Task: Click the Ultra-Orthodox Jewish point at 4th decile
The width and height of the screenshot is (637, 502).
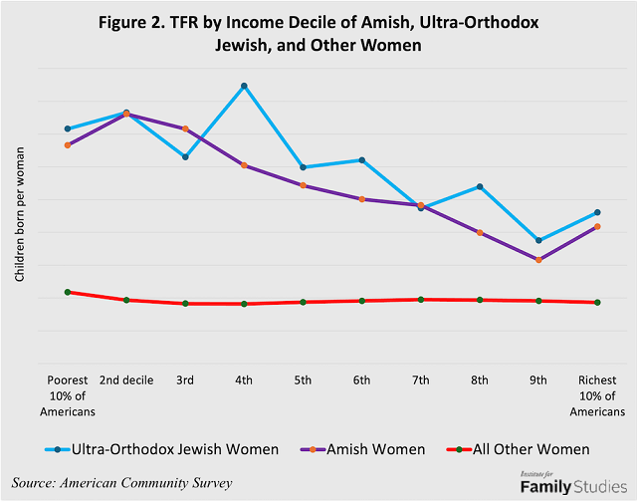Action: pos(244,87)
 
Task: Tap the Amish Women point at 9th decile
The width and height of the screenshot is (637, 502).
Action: pos(538,260)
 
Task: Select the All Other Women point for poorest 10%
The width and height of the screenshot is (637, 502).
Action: pos(68,292)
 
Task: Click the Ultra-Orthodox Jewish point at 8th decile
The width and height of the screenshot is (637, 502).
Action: pos(480,187)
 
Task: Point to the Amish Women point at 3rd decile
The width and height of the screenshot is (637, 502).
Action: pos(185,128)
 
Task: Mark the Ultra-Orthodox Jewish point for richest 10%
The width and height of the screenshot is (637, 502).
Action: pos(597,212)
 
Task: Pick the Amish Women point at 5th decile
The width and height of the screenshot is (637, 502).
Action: pos(303,185)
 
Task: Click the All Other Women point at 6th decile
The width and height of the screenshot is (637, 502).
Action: pos(361,301)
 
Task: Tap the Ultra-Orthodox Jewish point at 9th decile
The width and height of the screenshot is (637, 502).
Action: pos(538,241)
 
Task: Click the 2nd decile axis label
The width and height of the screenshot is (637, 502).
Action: pos(126,380)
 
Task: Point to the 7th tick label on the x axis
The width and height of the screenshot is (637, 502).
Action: pos(420,380)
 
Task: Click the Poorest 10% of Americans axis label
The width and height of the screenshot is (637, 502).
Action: pos(68,395)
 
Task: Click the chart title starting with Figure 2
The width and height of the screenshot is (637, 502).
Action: pos(319,35)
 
